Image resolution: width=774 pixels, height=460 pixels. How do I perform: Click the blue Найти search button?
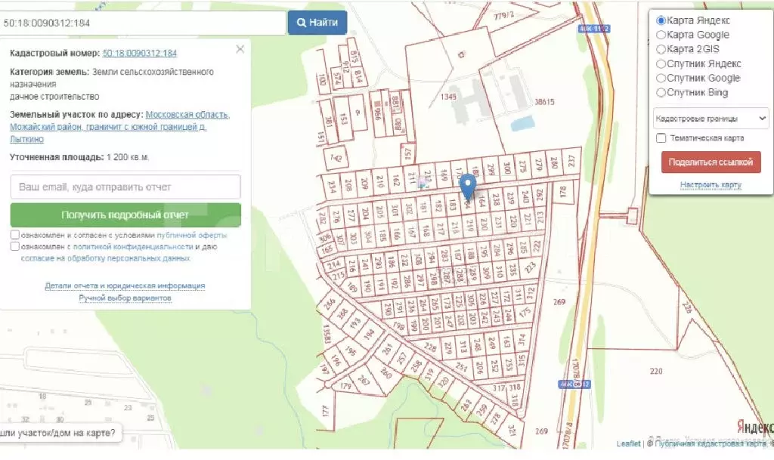point(317,23)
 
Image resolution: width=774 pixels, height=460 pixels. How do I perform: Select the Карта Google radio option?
point(661,35)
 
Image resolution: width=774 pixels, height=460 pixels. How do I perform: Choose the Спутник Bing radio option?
point(661,93)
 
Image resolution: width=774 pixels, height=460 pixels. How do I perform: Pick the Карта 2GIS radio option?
point(661,49)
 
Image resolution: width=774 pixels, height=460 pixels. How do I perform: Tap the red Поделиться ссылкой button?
point(711,162)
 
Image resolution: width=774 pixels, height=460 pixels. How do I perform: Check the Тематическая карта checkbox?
point(661,138)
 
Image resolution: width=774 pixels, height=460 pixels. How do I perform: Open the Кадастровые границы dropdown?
point(711,119)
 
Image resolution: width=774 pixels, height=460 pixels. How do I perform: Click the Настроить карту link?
point(711,185)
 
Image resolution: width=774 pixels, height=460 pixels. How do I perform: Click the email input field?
point(125,187)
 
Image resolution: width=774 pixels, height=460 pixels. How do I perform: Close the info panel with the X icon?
point(240,50)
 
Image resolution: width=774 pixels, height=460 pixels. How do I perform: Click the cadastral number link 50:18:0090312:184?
point(139,54)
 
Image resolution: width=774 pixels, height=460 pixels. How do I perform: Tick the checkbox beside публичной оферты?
point(15,235)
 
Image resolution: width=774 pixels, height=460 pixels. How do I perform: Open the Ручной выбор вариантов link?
point(125,298)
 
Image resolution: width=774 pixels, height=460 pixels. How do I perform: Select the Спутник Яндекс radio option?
point(661,64)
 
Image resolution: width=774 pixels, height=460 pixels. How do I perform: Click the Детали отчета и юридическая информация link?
point(125,286)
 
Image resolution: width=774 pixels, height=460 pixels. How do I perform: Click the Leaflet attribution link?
point(628,444)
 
